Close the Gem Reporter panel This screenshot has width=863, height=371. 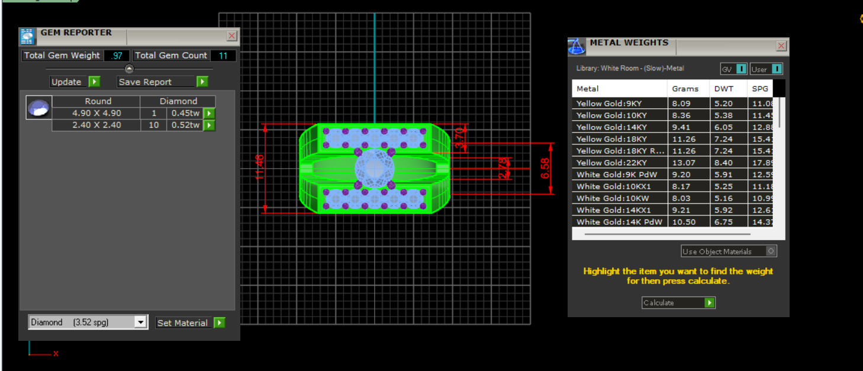pyautogui.click(x=231, y=36)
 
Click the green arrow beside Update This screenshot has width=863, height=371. pyautogui.click(x=94, y=82)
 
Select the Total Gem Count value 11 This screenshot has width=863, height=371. pyautogui.click(x=223, y=56)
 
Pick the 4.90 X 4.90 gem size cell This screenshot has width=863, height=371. pyautogui.click(x=96, y=113)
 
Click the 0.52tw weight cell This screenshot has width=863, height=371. pyautogui.click(x=185, y=125)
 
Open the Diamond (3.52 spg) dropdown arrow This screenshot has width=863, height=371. pyautogui.click(x=140, y=322)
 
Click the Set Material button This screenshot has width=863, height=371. pyautogui.click(x=182, y=323)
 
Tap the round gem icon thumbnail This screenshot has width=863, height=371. pyautogui.click(x=38, y=109)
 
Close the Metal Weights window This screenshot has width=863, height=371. pyautogui.click(x=781, y=46)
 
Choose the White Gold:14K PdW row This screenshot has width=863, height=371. pyautogui.click(x=619, y=222)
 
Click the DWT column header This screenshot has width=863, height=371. pyautogui.click(x=723, y=89)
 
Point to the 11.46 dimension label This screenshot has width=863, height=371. pyautogui.click(x=259, y=167)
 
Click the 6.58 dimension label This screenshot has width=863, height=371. pyautogui.click(x=545, y=167)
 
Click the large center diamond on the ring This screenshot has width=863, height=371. pyautogui.click(x=374, y=168)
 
